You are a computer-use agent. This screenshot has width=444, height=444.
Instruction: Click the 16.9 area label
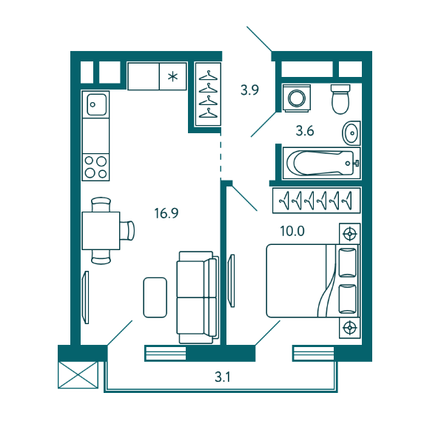[x=166, y=213]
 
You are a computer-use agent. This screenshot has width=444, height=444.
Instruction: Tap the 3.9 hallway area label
[x=249, y=90]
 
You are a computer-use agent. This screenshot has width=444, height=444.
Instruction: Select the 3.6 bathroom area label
[x=305, y=131]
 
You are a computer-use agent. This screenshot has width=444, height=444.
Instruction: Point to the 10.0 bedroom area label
[x=292, y=231]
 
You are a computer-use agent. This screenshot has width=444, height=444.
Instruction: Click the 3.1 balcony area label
[x=223, y=377]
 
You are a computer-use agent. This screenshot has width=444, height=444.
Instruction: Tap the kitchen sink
[x=96, y=104]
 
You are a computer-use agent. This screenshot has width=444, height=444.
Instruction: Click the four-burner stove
[x=95, y=167]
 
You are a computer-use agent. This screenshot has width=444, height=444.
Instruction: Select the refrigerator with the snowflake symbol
[x=172, y=76]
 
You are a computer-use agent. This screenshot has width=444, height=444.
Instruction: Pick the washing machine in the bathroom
[x=297, y=98]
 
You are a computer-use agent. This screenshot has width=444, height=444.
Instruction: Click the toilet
[x=340, y=99]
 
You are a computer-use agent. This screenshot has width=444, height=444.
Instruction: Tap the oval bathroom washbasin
[x=351, y=133]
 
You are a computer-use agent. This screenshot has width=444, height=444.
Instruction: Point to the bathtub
[x=322, y=163]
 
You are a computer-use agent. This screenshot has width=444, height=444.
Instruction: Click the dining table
[x=101, y=230]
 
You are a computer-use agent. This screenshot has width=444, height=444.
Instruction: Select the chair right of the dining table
[x=127, y=231]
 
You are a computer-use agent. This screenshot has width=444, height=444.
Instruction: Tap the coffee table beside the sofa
[x=155, y=297]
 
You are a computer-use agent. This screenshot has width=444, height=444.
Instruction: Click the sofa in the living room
[x=198, y=297]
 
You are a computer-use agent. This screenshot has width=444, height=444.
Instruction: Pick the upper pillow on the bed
[x=348, y=263]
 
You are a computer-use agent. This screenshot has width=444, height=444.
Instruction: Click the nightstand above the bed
[x=350, y=234]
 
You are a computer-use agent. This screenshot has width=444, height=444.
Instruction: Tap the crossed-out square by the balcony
[x=78, y=375]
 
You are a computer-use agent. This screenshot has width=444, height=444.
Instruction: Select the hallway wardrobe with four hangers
[x=208, y=94]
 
